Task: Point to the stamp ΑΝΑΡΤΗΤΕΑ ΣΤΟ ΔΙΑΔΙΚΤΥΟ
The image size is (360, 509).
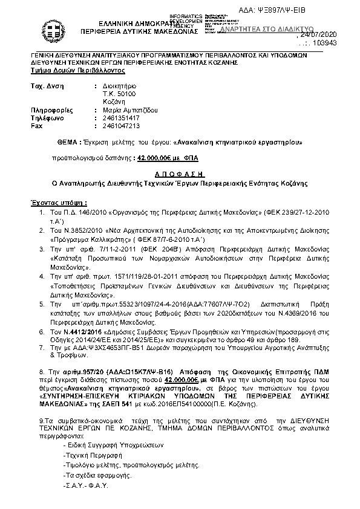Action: coord(266,28)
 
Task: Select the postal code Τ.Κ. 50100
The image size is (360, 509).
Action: coord(120,94)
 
